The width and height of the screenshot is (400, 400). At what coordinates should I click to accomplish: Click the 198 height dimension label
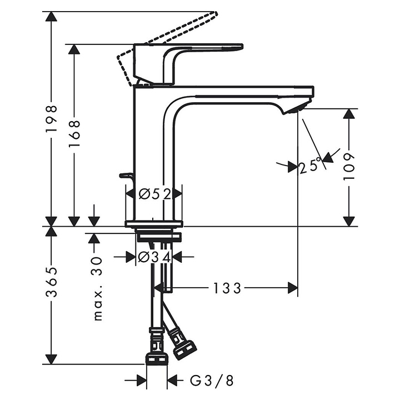click(x=51, y=118)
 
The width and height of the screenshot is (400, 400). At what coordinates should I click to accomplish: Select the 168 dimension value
click(x=74, y=133)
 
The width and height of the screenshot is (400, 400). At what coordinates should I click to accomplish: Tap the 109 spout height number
click(x=349, y=166)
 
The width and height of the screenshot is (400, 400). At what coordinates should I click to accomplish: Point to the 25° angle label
click(x=310, y=166)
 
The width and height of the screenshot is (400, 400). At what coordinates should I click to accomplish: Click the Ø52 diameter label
click(x=155, y=194)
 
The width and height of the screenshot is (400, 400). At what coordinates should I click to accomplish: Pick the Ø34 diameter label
click(x=154, y=258)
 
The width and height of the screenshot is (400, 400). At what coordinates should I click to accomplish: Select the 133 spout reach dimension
click(x=227, y=288)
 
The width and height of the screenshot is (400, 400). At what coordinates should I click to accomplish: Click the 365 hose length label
click(x=51, y=282)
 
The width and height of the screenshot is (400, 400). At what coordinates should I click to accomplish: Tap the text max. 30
click(x=97, y=288)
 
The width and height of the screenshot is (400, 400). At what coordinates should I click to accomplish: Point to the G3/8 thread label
click(x=212, y=381)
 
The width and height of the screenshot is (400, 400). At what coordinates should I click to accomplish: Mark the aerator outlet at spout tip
click(x=297, y=108)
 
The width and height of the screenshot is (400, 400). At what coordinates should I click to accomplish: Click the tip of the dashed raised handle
click(x=216, y=13)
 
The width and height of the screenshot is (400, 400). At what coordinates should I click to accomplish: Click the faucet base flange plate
click(x=154, y=224)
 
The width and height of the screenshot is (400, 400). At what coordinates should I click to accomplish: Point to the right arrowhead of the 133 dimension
click(x=293, y=288)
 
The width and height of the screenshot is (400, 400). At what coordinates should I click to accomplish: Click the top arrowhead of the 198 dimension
click(x=51, y=17)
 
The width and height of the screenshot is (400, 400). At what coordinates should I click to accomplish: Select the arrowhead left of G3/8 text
click(x=141, y=381)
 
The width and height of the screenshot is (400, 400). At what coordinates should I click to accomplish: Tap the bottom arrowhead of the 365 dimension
click(x=51, y=359)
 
